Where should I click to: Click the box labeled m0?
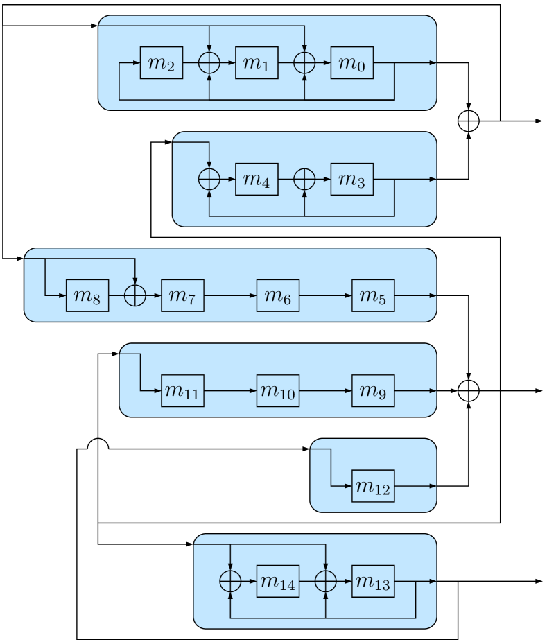[x=352, y=63]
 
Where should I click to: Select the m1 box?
[x=257, y=63]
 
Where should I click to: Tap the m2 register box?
[x=162, y=63]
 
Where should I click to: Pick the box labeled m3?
[x=352, y=179]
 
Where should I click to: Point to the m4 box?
[x=257, y=179]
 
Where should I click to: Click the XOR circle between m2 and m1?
[x=209, y=63]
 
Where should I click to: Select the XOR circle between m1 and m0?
[x=304, y=63]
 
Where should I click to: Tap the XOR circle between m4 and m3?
[x=304, y=179]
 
